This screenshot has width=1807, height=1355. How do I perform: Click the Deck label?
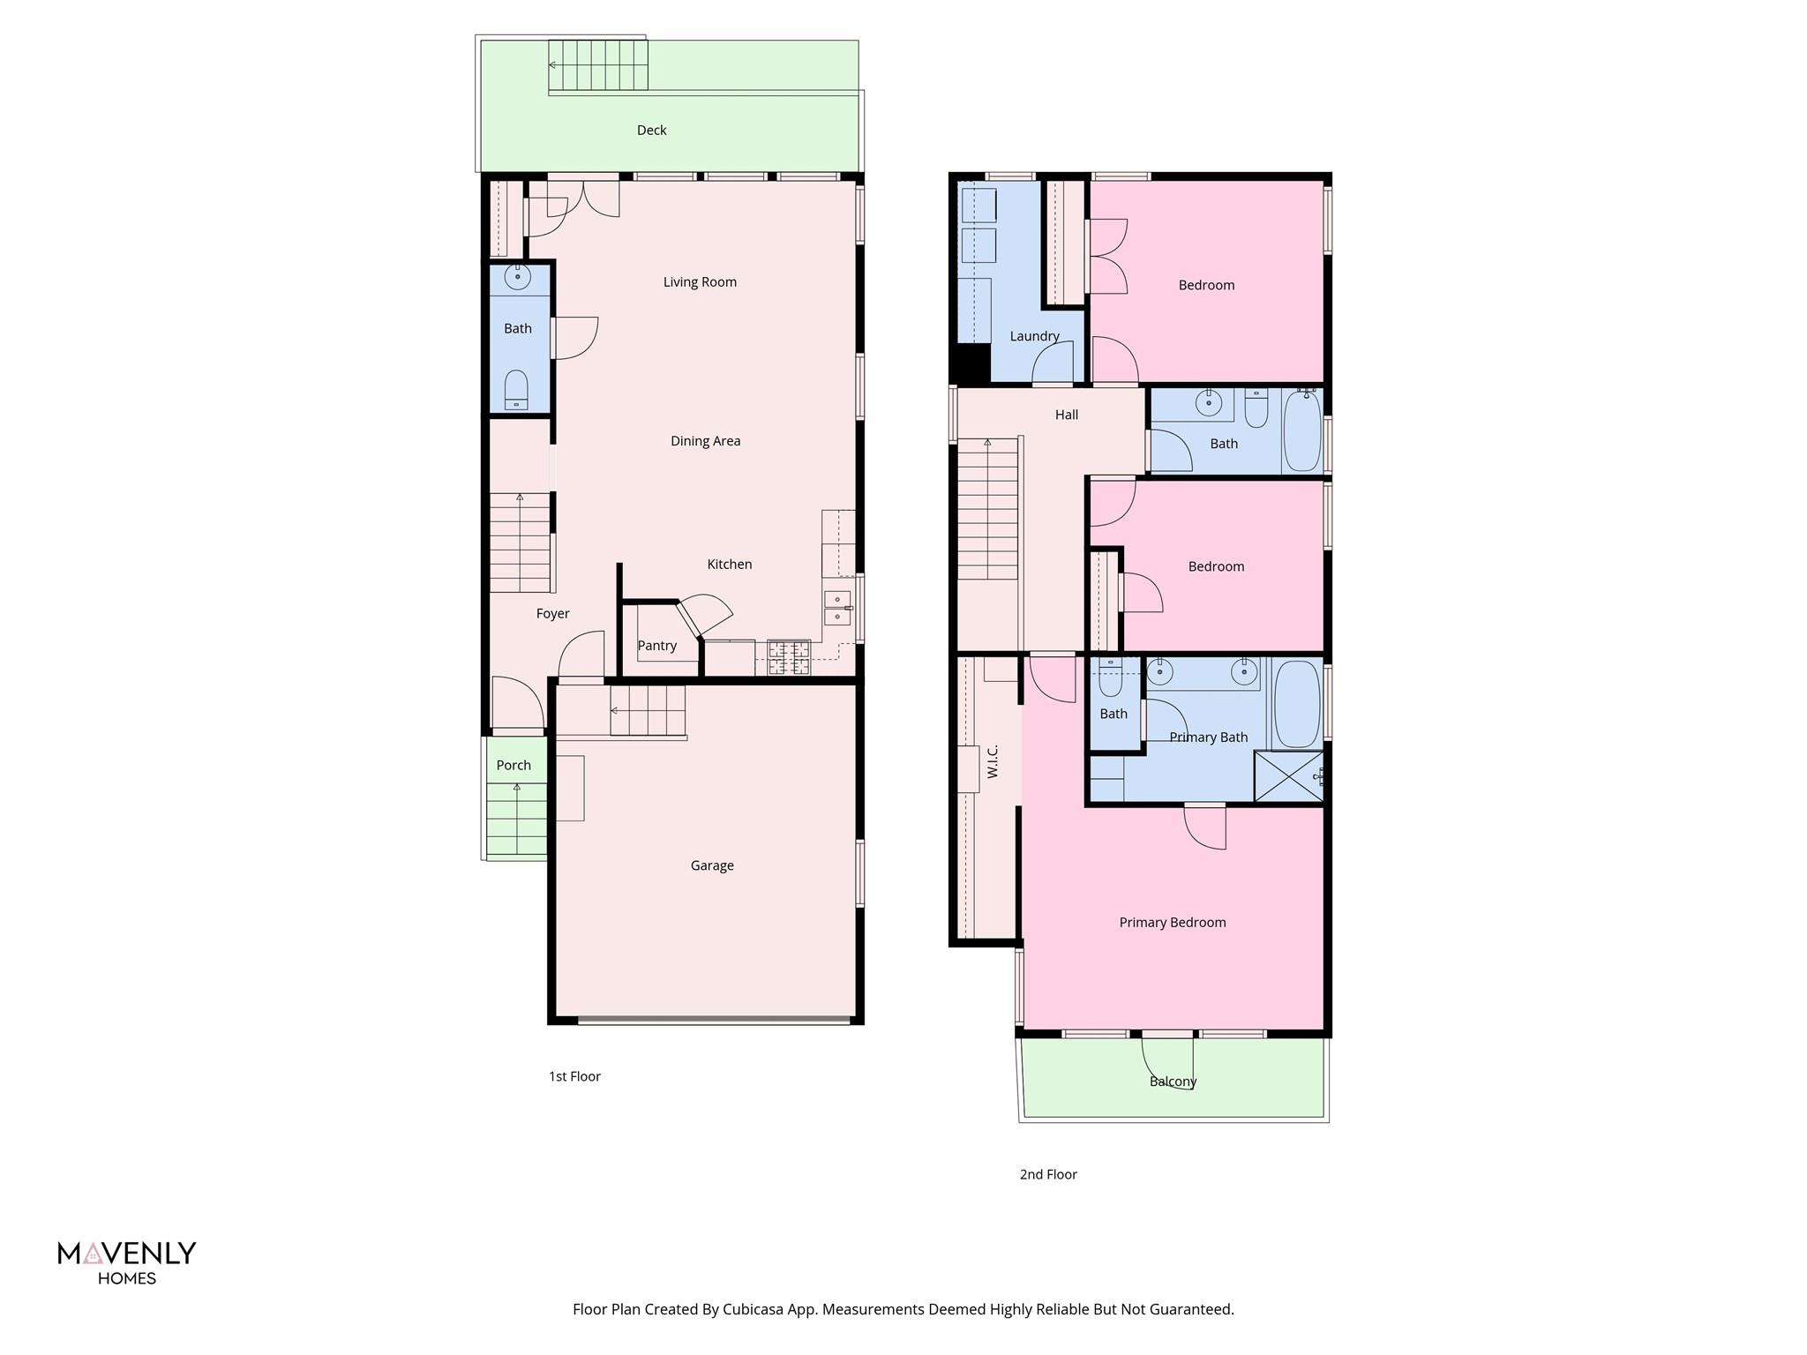pyautogui.click(x=651, y=131)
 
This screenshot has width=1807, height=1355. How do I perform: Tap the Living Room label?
pyautogui.click(x=700, y=282)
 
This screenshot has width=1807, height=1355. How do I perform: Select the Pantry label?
pyautogui.click(x=656, y=646)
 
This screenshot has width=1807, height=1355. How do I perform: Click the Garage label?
pyautogui.click(x=711, y=865)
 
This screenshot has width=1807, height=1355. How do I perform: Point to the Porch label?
pyautogui.click(x=514, y=765)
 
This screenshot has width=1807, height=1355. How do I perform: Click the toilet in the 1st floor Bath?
pyautogui.click(x=516, y=389)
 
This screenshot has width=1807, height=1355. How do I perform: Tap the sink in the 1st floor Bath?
pyautogui.click(x=517, y=277)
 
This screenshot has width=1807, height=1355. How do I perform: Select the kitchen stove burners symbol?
pyautogui.click(x=788, y=657)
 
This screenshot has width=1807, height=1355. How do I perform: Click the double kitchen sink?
pyautogui.click(x=837, y=608)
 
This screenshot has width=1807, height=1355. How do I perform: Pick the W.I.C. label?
pyautogui.click(x=993, y=761)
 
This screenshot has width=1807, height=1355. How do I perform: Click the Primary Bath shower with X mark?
pyautogui.click(x=1288, y=776)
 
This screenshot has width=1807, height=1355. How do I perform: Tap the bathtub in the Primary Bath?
pyautogui.click(x=1297, y=704)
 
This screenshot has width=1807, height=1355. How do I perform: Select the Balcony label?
pyautogui.click(x=1173, y=1082)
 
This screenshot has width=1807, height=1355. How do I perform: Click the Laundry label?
pyautogui.click(x=1034, y=336)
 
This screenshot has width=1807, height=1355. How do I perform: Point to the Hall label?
pyautogui.click(x=1066, y=415)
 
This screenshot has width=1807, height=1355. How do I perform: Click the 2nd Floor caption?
pyautogui.click(x=1048, y=1174)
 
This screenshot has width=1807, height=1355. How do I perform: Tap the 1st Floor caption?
pyautogui.click(x=574, y=1076)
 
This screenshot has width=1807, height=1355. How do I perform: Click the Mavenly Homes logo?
pyautogui.click(x=127, y=1262)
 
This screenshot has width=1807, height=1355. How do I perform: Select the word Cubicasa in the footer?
pyautogui.click(x=753, y=1309)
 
